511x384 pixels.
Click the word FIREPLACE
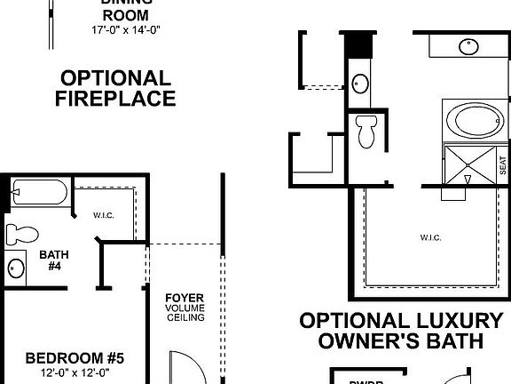pyautogui.click(x=115, y=98)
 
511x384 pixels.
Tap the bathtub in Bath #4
pyautogui.click(x=41, y=193)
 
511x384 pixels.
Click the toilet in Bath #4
pyautogui.click(x=23, y=235)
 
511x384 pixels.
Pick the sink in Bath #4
pyautogui.click(x=16, y=268)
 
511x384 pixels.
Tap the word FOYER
pyautogui.click(x=185, y=298)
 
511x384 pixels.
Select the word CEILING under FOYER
pyautogui.click(x=185, y=317)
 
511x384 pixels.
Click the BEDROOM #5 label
pyautogui.click(x=75, y=358)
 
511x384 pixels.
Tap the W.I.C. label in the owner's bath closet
pyautogui.click(x=429, y=237)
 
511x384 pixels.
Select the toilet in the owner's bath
pyautogui.click(x=365, y=133)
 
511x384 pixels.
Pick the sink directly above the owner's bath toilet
pyautogui.click(x=360, y=84)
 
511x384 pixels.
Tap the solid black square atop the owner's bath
pyautogui.click(x=358, y=43)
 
